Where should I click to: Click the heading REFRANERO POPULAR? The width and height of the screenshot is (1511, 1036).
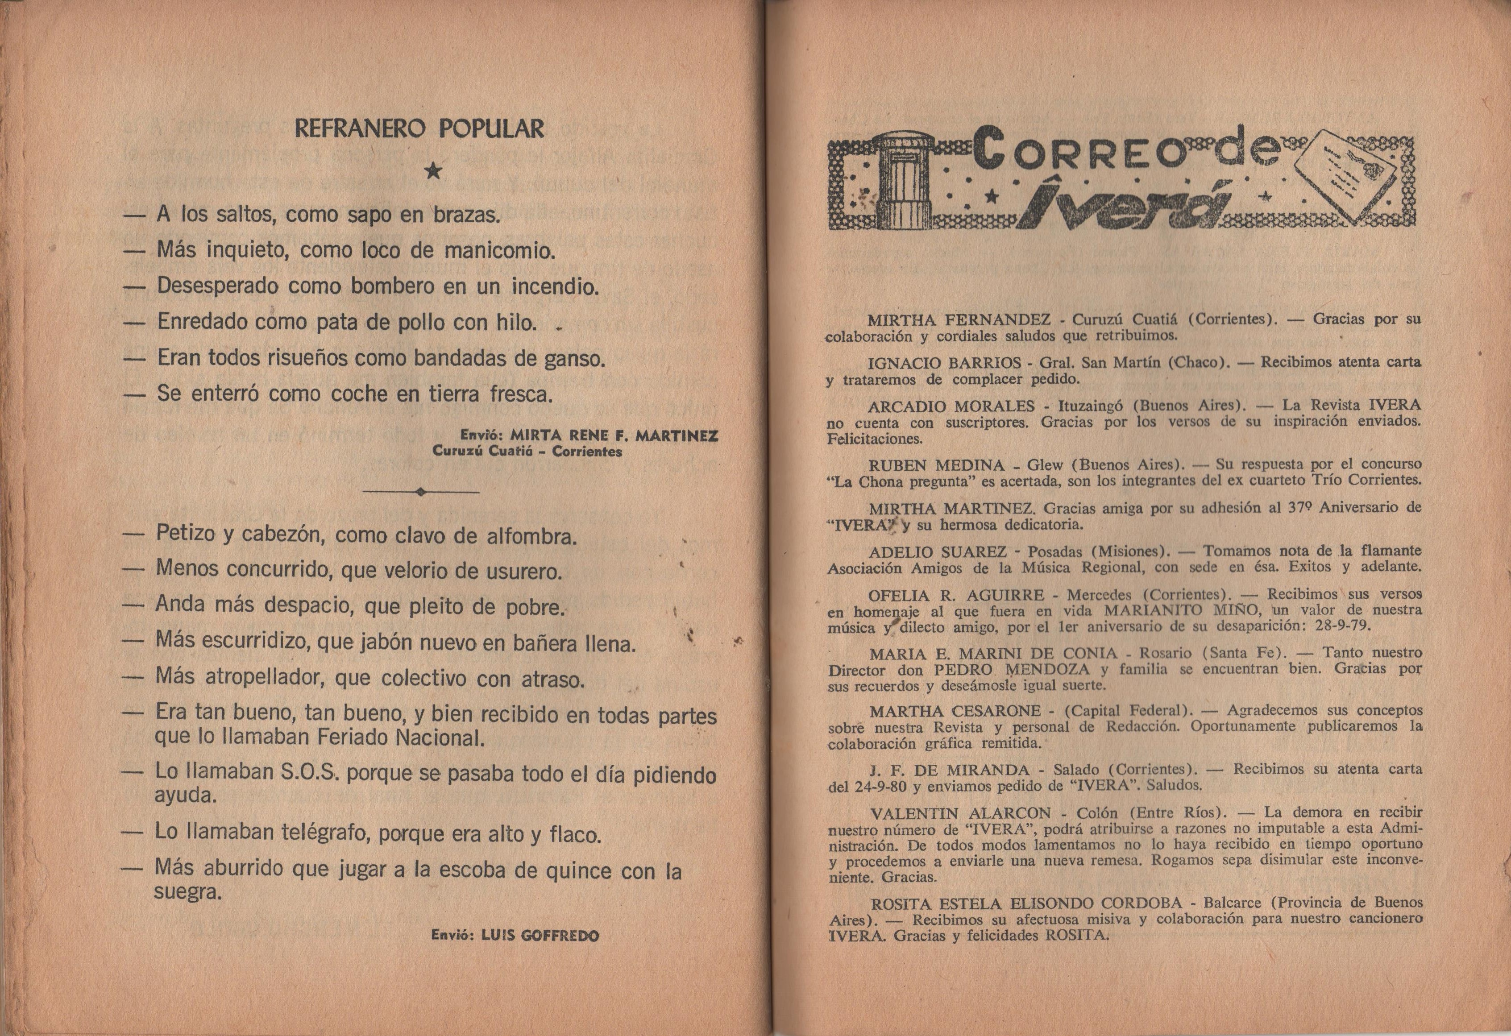coord(419,128)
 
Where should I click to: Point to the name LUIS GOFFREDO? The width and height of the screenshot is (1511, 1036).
coord(540,936)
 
